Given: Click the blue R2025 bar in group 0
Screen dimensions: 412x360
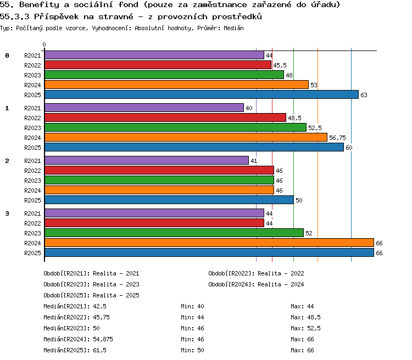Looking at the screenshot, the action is click(202, 94).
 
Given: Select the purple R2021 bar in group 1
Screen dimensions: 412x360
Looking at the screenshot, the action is click(144, 108).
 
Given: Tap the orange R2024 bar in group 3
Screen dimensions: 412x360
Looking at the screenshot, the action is click(209, 243).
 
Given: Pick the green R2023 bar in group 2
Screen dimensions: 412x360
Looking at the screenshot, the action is click(159, 180).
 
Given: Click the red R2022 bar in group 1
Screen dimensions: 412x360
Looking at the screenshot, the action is click(165, 117).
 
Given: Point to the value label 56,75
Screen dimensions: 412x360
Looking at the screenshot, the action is click(337, 138).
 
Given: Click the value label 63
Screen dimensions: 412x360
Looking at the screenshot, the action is click(364, 95).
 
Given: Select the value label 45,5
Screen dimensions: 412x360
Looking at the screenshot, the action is click(280, 65).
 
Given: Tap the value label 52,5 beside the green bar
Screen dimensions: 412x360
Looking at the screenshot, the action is click(315, 128).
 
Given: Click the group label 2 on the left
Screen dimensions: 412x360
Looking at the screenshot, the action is click(7, 161).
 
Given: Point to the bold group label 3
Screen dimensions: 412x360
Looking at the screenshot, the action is click(7, 213).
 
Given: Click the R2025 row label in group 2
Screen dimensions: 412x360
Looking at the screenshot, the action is click(32, 200).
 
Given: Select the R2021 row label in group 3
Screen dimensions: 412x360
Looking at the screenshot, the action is click(32, 213).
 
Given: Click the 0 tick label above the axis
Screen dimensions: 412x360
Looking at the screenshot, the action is click(44, 44).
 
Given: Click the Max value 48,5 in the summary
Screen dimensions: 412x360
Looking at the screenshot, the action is click(314, 317).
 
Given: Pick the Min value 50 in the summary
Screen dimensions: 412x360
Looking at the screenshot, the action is click(201, 350).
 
